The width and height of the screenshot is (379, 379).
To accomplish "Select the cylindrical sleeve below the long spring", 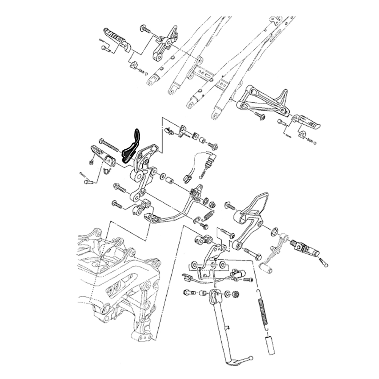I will [269, 345].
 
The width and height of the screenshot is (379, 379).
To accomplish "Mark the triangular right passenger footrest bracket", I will [265, 100].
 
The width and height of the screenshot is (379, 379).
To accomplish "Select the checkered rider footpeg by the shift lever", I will [307, 249].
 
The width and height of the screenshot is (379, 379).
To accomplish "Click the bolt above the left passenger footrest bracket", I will [146, 28].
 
